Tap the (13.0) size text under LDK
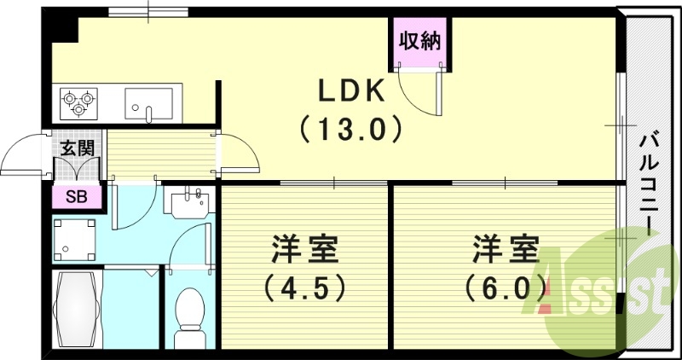[x=350, y=129]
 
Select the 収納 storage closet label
[x=420, y=41]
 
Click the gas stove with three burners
[x=78, y=102]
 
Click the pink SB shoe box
[x=76, y=197]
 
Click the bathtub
[x=78, y=309]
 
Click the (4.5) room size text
[x=306, y=287]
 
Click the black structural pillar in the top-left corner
[x=61, y=28]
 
